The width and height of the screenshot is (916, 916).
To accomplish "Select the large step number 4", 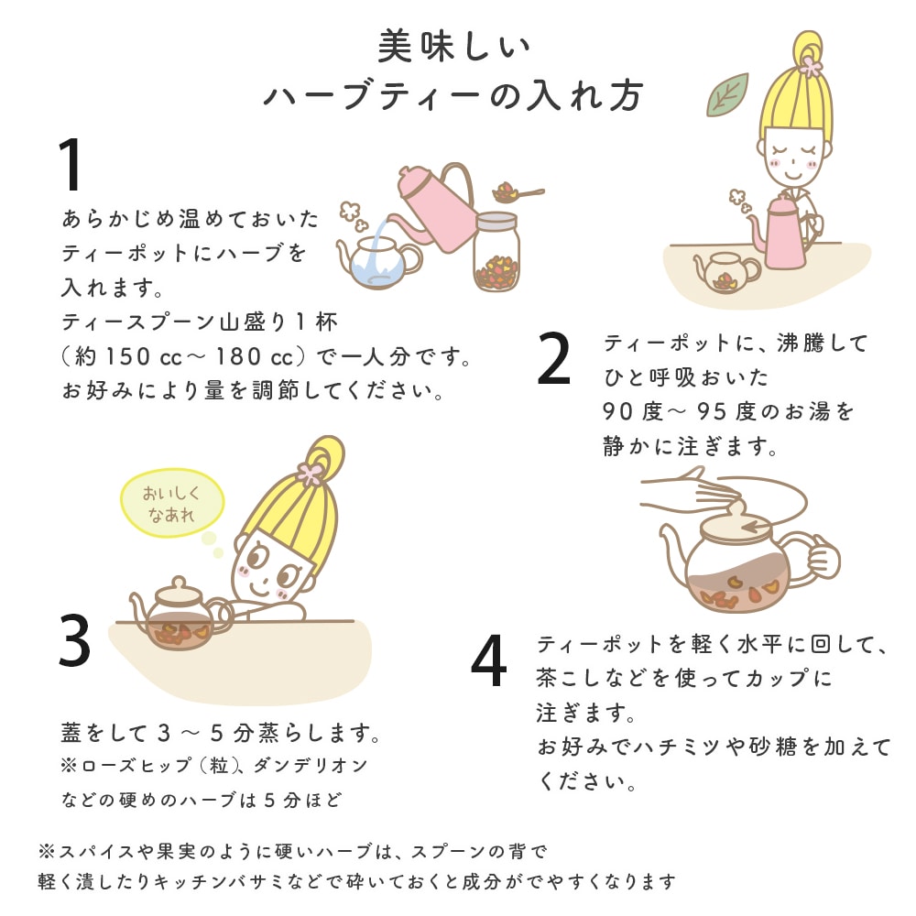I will pyautogui.click(x=489, y=661).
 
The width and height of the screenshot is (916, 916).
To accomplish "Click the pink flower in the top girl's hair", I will pyautogui.click(x=810, y=65).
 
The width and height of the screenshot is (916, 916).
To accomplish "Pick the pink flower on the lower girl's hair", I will pyautogui.click(x=311, y=474).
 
